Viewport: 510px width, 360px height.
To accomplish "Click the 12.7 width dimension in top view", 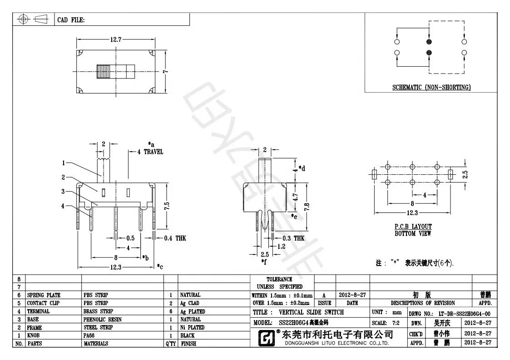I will [x=116, y=39].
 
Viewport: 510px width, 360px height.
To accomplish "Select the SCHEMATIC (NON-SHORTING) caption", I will [x=431, y=87].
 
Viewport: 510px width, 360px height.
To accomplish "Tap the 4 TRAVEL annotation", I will [x=150, y=152].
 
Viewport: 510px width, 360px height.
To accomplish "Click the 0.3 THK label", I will [x=293, y=238].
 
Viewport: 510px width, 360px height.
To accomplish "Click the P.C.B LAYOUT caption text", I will [x=413, y=226].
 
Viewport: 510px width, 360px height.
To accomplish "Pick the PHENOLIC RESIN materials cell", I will [x=102, y=319].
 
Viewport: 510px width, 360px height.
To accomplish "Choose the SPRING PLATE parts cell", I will [x=44, y=295].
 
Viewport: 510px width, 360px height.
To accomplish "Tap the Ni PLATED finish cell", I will [x=192, y=327].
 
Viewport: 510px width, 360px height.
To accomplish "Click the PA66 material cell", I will [x=90, y=335].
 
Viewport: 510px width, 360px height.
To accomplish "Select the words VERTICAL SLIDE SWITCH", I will [x=311, y=312].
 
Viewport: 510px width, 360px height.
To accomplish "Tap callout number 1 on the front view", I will [x=64, y=163].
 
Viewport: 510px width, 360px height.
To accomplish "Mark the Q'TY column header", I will [x=170, y=344].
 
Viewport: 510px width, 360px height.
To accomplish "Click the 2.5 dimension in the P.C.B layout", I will [x=465, y=174].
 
